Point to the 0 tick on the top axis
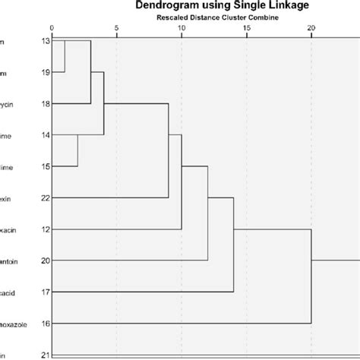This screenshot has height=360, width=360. [52, 28]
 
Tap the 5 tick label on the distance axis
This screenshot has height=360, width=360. [116, 28]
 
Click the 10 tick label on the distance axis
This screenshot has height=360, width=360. [181, 28]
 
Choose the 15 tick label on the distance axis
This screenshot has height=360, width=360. [246, 28]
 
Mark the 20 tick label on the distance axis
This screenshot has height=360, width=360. [311, 28]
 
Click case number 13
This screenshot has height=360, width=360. [45, 40]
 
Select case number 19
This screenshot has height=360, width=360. [45, 72]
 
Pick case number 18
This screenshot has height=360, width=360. [45, 103]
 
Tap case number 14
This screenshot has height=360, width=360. [45, 135]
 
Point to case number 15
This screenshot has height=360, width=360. [45, 166]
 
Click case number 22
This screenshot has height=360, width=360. [45, 198]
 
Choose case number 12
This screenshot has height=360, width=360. [45, 229]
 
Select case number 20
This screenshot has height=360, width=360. [45, 261]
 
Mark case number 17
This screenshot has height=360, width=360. [45, 292]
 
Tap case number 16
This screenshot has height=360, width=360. [45, 324]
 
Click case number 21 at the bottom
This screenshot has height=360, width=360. [45, 355]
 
